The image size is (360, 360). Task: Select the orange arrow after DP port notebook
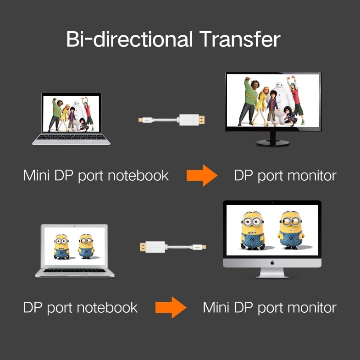point(171,307)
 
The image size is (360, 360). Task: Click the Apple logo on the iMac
point(271,263)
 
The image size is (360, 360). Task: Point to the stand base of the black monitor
point(272,142)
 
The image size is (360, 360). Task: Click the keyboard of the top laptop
point(71,137)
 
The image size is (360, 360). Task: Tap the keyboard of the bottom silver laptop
point(75,270)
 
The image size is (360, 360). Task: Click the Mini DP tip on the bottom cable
point(204,247)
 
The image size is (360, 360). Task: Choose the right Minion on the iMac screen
point(290,228)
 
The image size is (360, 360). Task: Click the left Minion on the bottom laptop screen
point(61,246)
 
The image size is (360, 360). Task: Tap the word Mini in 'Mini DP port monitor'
point(217,307)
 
